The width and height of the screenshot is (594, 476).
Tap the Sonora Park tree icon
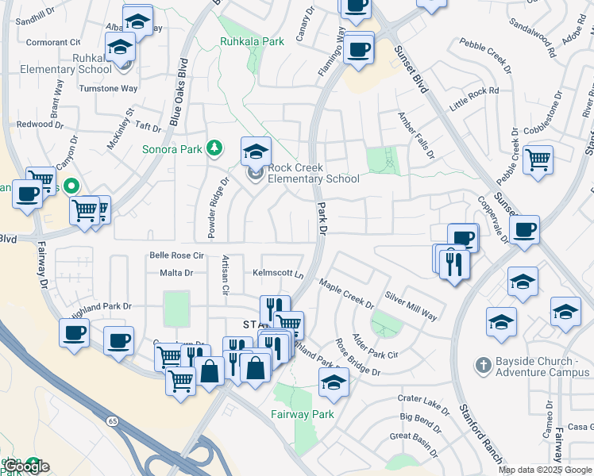coord(214,148)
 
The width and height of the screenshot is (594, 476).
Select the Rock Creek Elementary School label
coord(313,173)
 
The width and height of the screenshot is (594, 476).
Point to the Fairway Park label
coord(303,414)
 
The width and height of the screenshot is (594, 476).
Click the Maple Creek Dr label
coord(346,293)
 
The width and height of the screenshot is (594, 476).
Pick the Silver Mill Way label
coord(411,305)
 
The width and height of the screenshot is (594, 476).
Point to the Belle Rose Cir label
coord(177,255)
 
